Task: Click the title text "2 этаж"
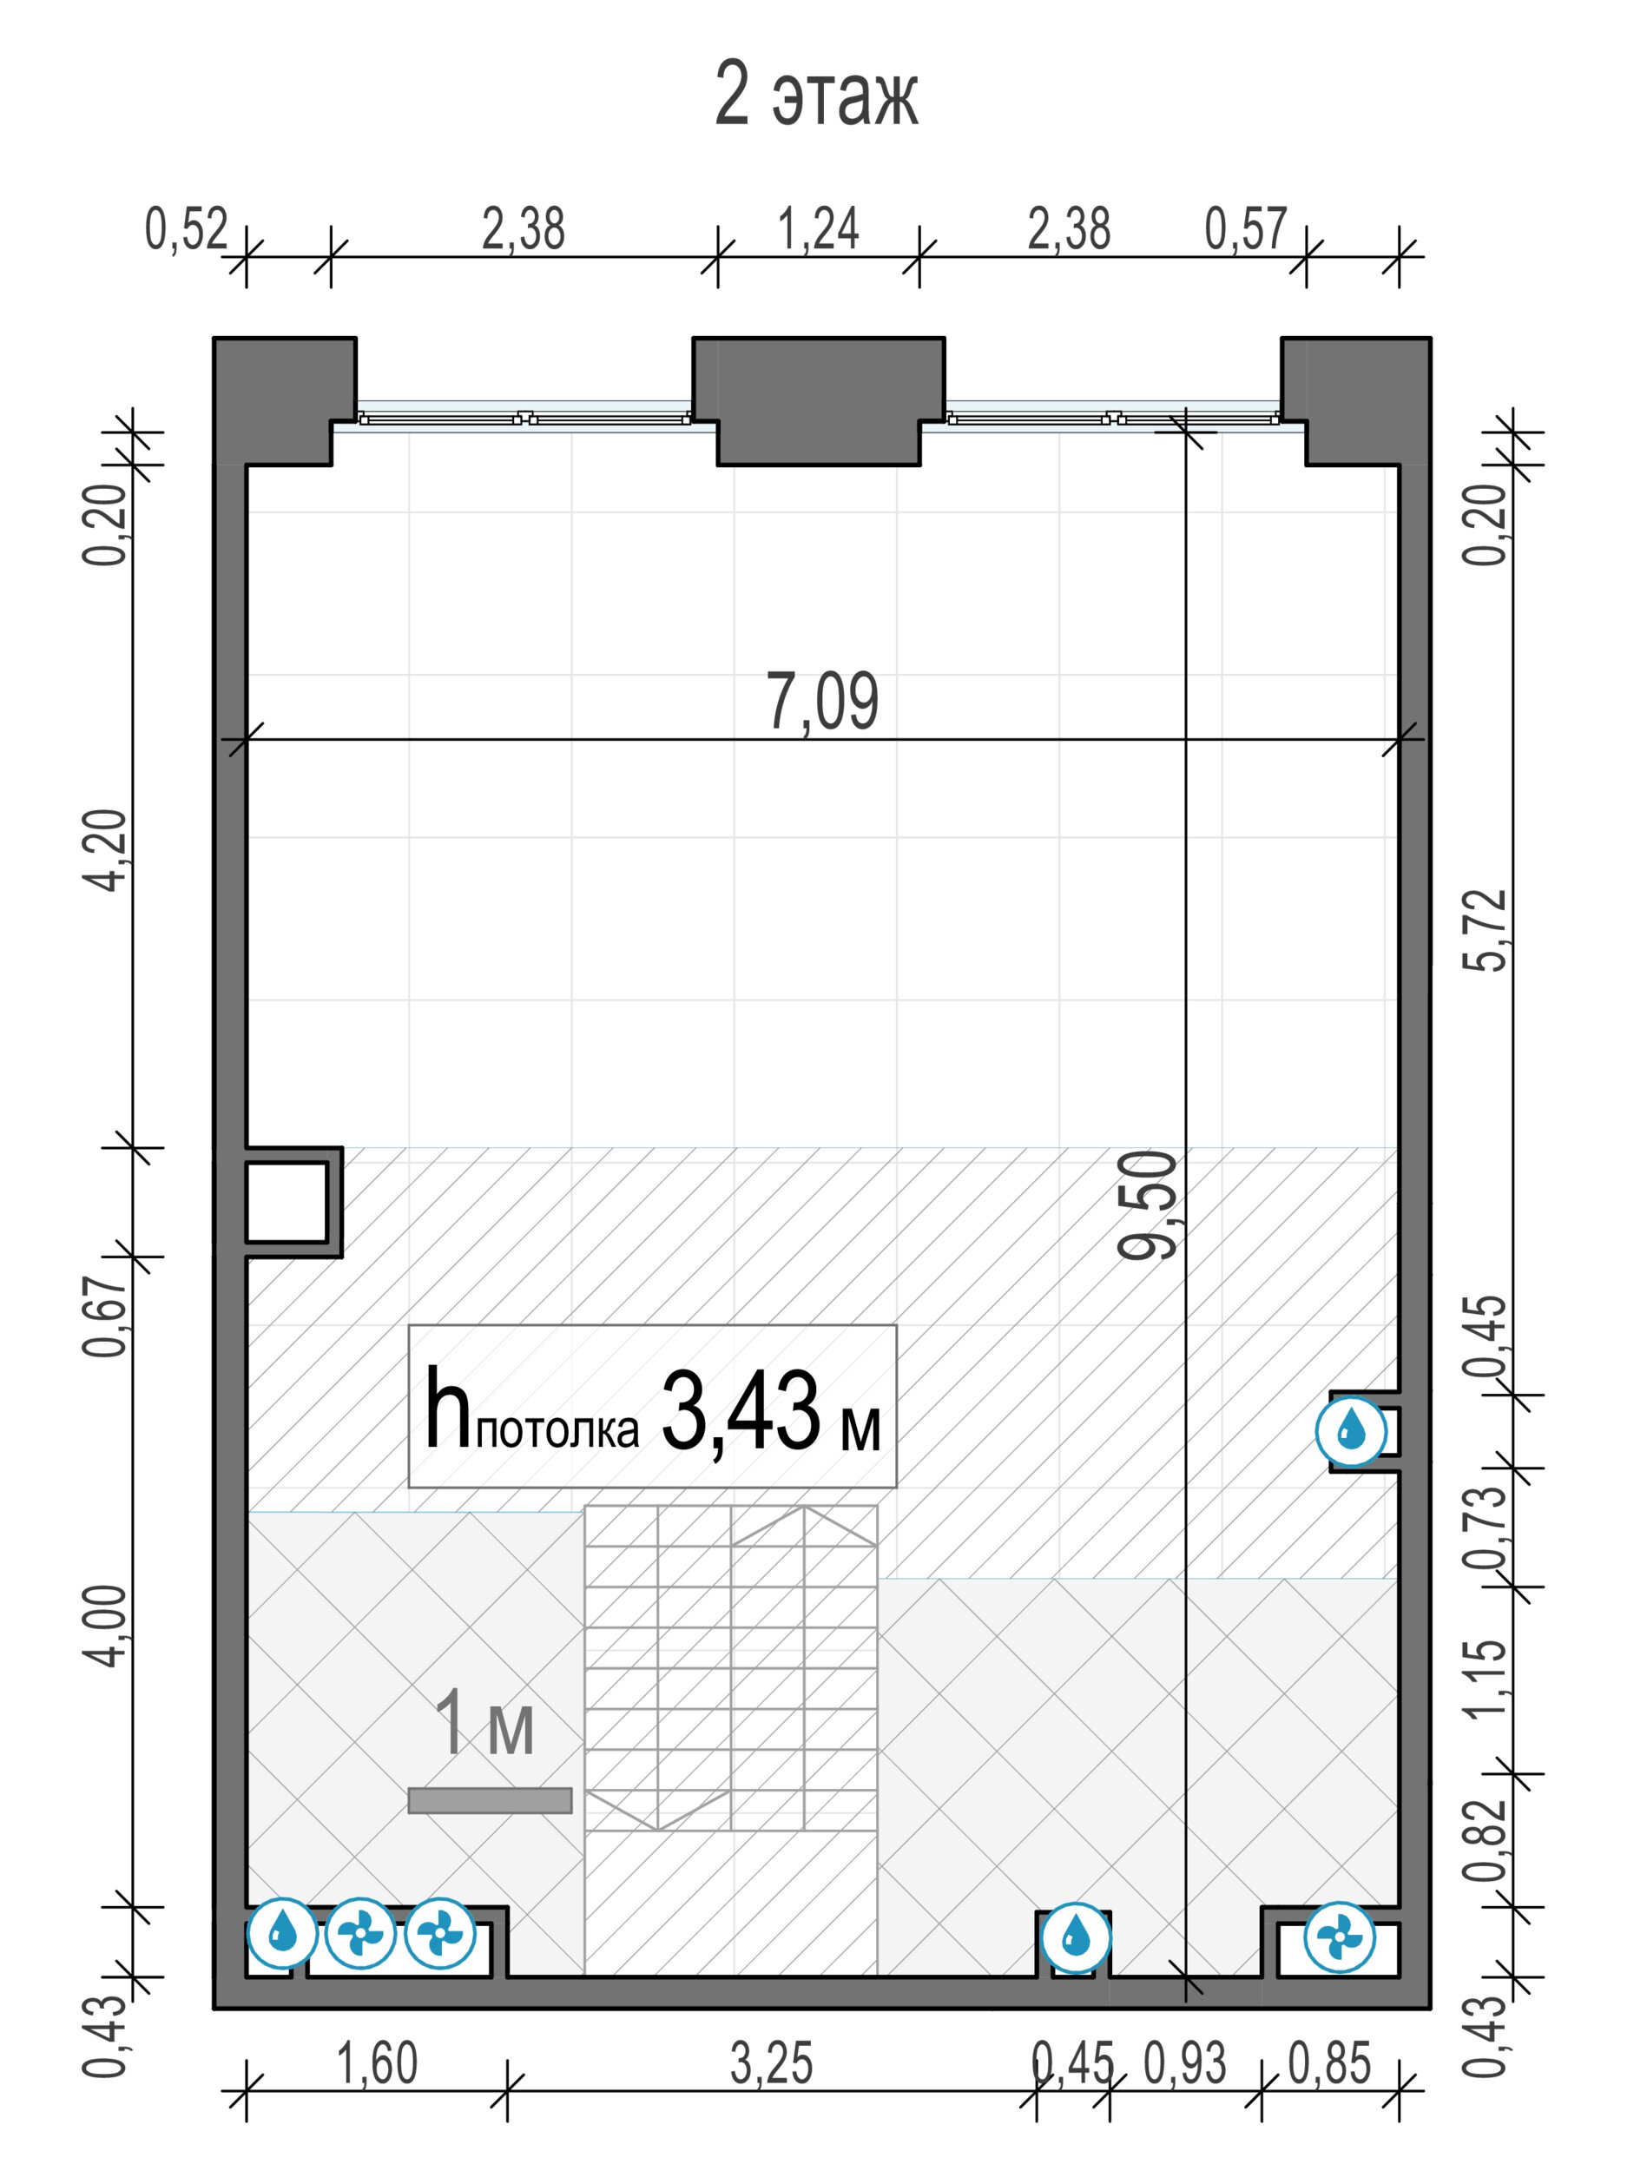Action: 816,96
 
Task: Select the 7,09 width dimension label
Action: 822,701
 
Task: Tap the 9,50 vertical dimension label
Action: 1147,1205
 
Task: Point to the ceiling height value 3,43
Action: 741,1412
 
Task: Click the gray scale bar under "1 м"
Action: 490,1800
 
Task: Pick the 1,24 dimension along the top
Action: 819,228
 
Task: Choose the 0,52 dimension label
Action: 187,228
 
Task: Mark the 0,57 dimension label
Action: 1245,228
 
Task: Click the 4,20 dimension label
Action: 105,850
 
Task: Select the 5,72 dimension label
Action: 1485,930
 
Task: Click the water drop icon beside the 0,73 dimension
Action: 1351,1431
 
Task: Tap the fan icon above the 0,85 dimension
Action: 1340,1937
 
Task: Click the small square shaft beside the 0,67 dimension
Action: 286,1201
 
